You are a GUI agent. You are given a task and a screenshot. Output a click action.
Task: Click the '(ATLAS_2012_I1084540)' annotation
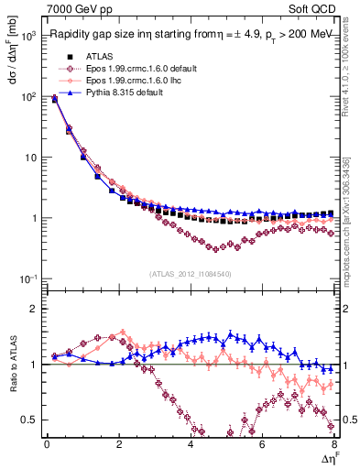tap(191, 273)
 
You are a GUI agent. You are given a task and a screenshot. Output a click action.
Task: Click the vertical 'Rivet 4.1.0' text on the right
tap(350, 64)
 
